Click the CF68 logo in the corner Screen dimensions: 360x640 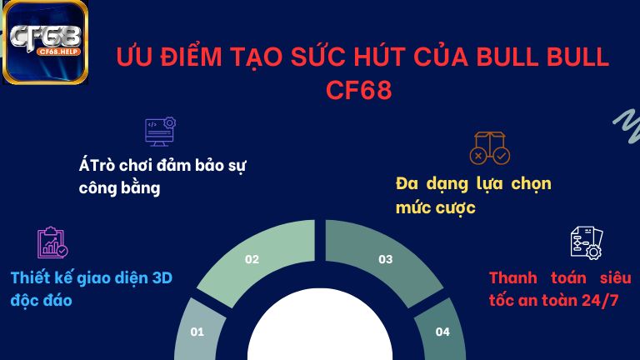[45, 42]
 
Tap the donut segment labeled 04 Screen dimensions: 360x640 [442, 331]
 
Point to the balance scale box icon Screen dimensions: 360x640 [489, 147]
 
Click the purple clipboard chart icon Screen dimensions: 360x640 [52, 242]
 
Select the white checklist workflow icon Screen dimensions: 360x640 [586, 242]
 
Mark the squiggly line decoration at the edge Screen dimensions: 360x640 [625, 125]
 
